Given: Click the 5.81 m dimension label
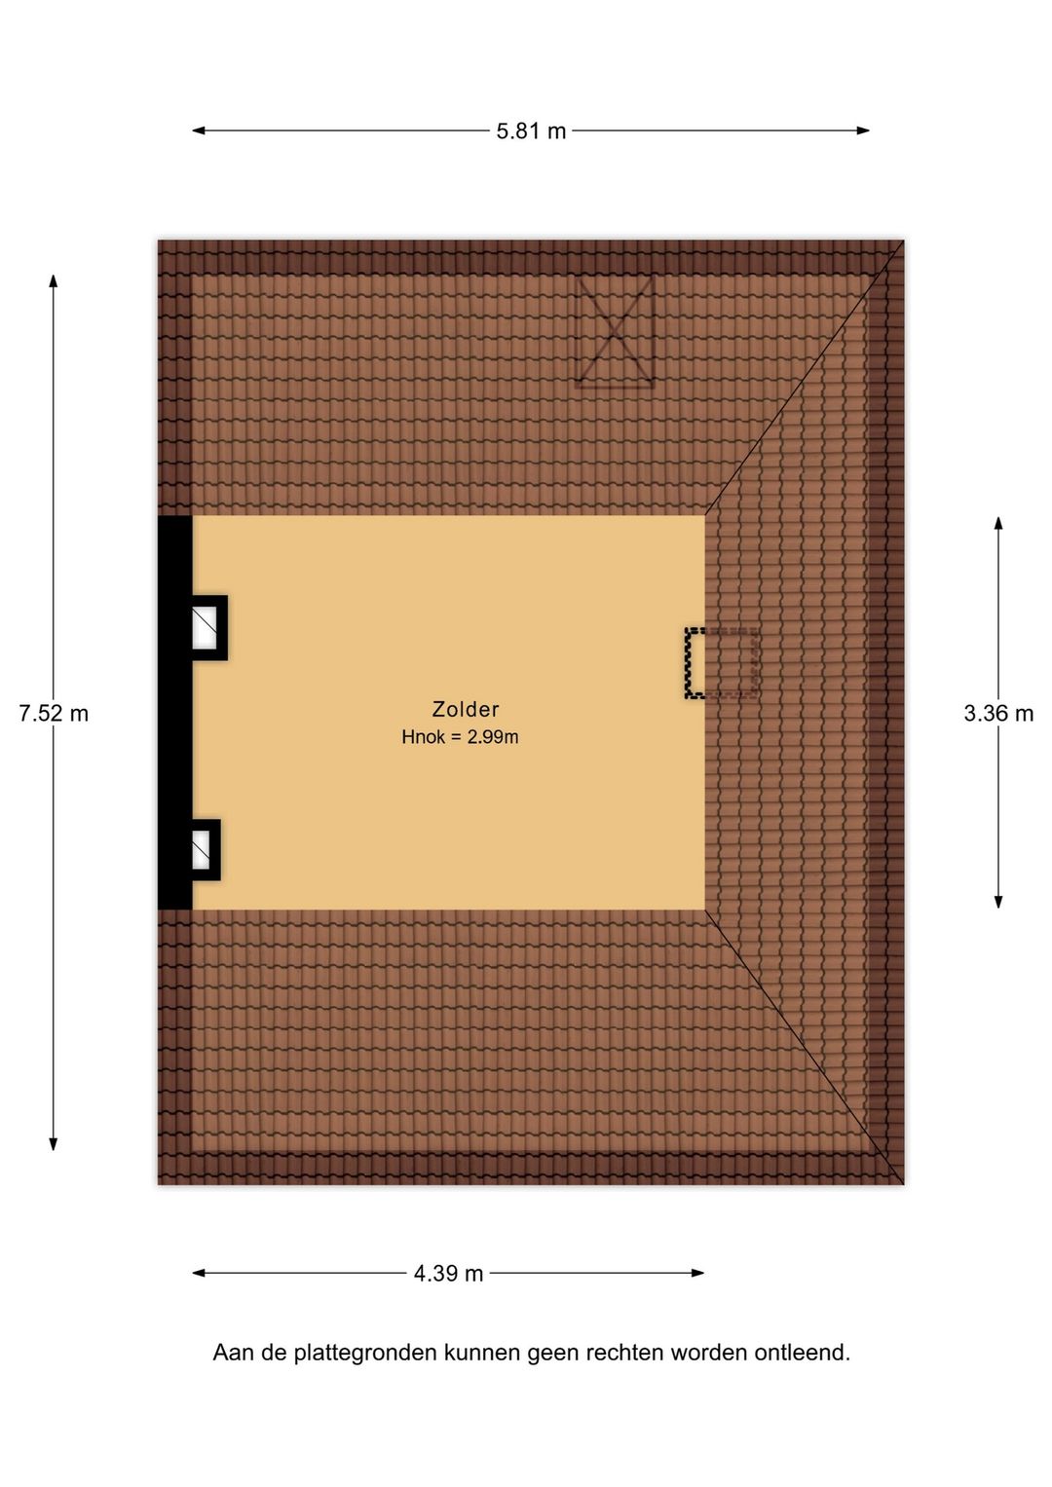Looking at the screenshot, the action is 531,130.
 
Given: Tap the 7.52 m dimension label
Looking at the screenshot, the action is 54,714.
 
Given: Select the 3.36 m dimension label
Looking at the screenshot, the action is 998,714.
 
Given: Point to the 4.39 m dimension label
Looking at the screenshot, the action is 448,1274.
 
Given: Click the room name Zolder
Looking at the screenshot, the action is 465,709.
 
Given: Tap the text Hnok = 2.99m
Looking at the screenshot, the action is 460,737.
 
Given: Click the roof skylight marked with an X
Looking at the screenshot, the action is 615,331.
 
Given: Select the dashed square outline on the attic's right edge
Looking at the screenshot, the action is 722,663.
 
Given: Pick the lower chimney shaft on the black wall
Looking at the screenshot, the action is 206,850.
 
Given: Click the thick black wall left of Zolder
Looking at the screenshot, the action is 174,712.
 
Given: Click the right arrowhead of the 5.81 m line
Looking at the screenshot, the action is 863,130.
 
